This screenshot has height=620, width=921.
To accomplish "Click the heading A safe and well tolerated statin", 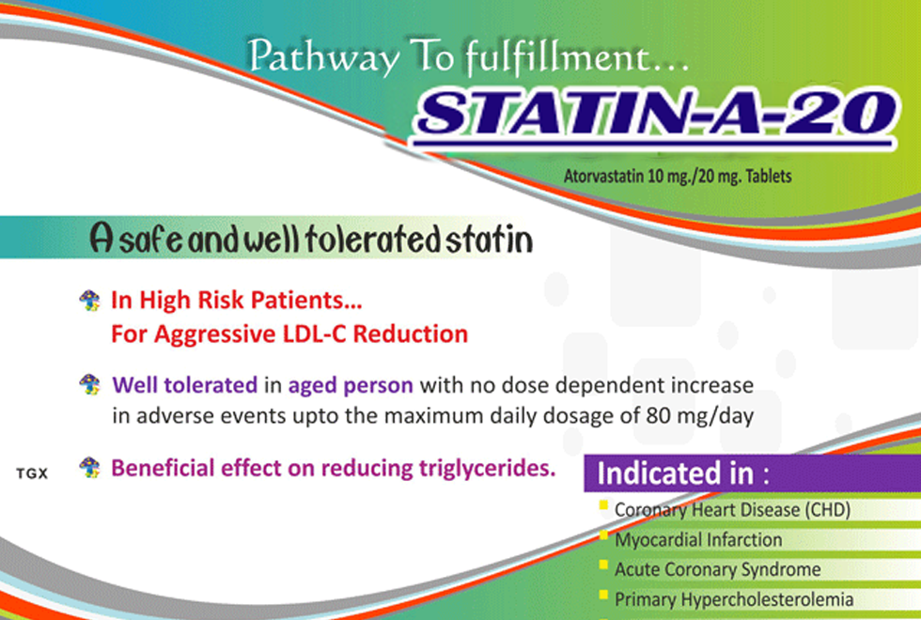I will coord(310,240).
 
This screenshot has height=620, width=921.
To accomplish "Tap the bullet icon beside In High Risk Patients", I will coord(89,302).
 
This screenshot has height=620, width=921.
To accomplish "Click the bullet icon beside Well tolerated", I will coord(89,384).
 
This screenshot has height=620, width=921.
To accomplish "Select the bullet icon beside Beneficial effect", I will coord(89,467).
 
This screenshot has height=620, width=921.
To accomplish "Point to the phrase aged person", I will coord(351,385).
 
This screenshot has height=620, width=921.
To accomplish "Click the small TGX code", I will coord(32,473).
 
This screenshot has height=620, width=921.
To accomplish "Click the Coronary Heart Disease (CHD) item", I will coord(732,511).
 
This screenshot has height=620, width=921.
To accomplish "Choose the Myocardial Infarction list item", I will coord(698,540).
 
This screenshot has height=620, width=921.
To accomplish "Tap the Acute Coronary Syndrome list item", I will coord(717,569).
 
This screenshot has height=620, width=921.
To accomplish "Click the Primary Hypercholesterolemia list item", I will coord(734,598).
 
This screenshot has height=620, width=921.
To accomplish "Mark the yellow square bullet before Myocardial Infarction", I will coord(602,535).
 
